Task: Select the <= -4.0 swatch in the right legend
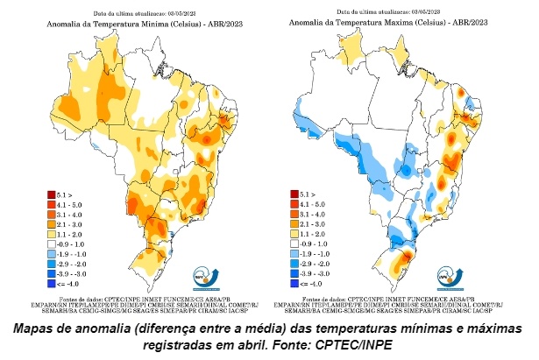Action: [x=294, y=283]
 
